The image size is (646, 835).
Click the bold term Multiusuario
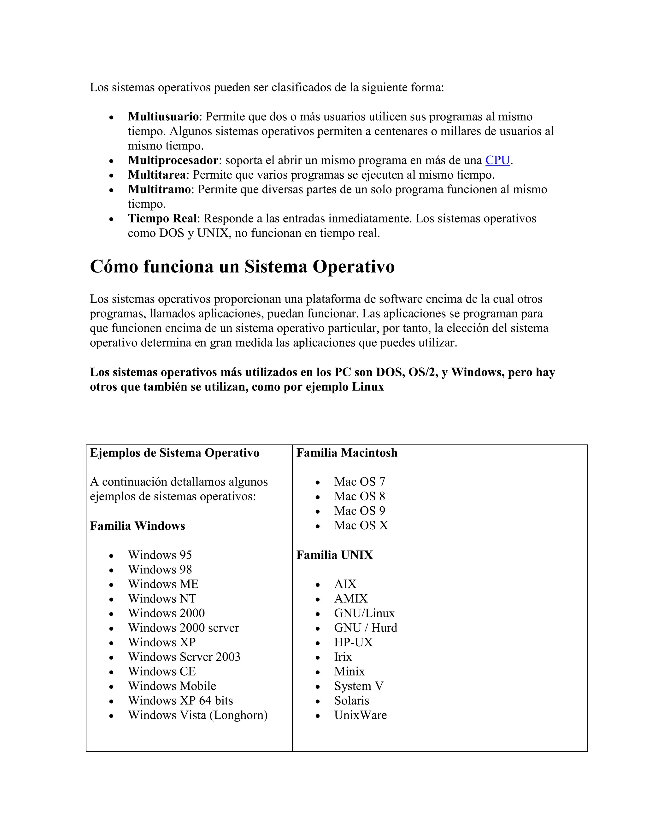pyautogui.click(x=163, y=117)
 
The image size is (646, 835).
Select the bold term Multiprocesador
pyautogui.click(x=173, y=160)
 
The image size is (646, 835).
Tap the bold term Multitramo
pyautogui.click(x=159, y=189)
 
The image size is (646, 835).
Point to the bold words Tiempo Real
pyautogui.click(x=162, y=218)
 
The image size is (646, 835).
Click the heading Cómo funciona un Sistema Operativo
pyautogui.click(x=242, y=267)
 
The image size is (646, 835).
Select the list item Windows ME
pyautogui.click(x=163, y=584)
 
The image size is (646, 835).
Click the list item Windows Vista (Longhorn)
pyautogui.click(x=197, y=715)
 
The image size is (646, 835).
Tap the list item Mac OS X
pyautogui.click(x=361, y=525)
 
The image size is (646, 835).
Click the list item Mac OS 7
pyautogui.click(x=359, y=482)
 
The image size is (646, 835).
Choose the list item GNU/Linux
pyautogui.click(x=364, y=613)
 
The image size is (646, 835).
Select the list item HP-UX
pyautogui.click(x=353, y=642)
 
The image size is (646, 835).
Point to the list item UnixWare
pyautogui.click(x=360, y=715)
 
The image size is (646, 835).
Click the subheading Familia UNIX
pyautogui.click(x=334, y=555)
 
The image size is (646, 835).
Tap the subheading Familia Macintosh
pyautogui.click(x=346, y=453)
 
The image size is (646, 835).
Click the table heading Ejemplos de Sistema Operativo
pyautogui.click(x=174, y=453)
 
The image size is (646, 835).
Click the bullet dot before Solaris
pyautogui.click(x=317, y=701)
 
